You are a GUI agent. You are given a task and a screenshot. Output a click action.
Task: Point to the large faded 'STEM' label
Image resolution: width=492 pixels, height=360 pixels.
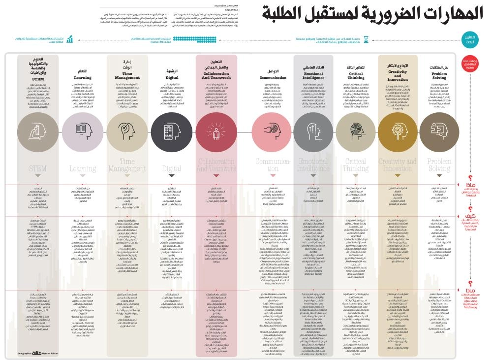(37, 169)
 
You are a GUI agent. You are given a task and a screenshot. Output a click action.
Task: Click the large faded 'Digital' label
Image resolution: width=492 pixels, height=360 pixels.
(172, 169)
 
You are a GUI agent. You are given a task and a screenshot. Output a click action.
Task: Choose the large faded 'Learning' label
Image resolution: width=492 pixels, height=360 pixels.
(83, 169)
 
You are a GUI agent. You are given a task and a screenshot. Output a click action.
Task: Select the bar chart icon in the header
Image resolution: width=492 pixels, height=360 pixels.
(70, 39)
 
